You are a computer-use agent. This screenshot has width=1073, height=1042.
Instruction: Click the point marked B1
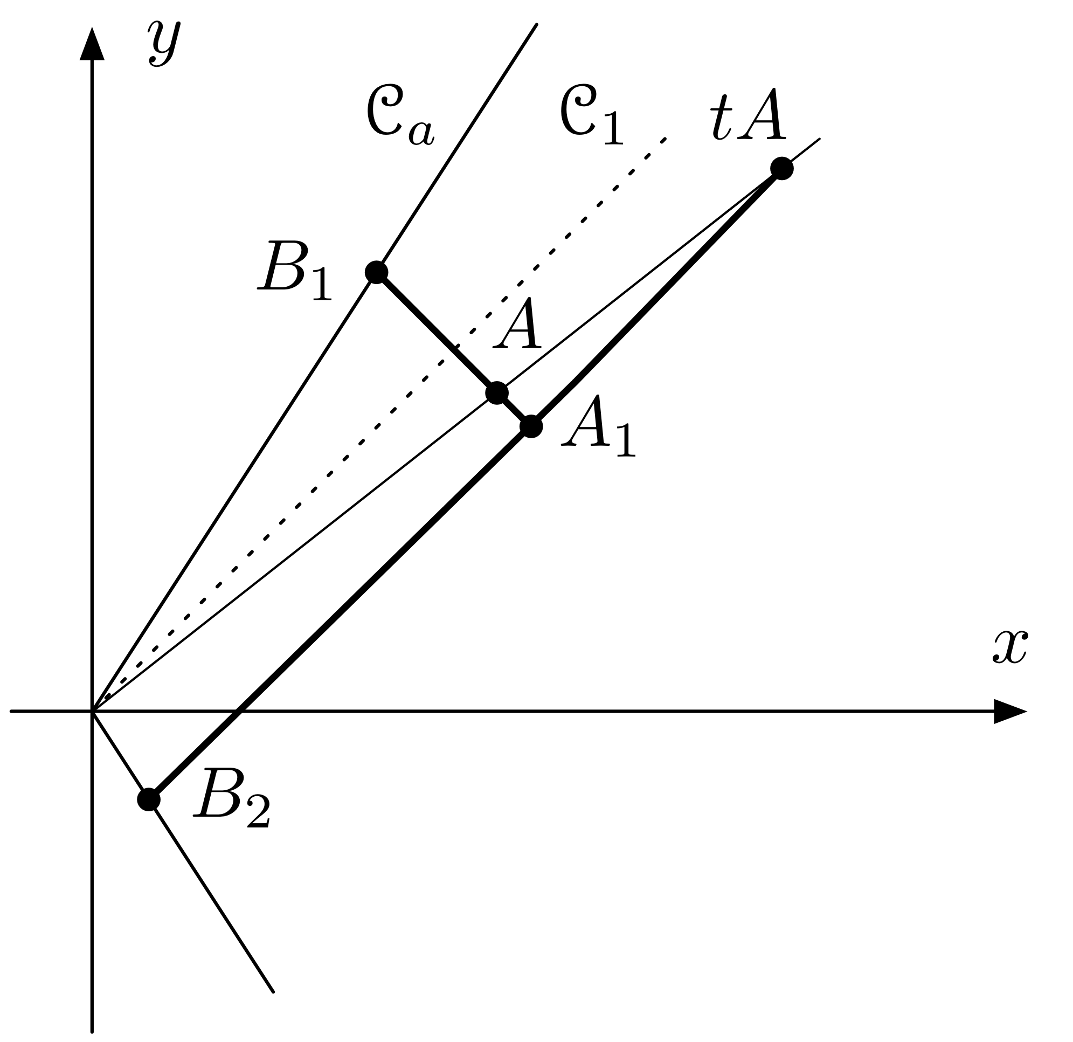(377, 272)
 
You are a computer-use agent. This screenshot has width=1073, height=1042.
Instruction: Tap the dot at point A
(497, 392)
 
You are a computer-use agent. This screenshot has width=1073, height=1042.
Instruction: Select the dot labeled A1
(531, 426)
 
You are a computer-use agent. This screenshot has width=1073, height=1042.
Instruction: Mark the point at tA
(782, 168)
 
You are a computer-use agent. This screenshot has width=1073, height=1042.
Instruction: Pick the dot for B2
(148, 800)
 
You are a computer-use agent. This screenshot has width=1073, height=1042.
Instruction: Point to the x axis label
(1010, 647)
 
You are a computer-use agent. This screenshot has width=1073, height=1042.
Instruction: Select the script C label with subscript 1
(591, 115)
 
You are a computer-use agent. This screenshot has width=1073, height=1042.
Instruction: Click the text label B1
(295, 271)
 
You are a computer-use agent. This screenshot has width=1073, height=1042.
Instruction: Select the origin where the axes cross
(93, 711)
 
